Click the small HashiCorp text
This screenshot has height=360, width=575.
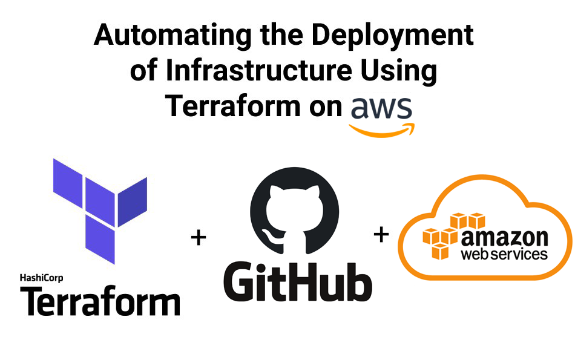pos(42,278)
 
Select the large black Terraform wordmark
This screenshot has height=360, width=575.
pos(100,301)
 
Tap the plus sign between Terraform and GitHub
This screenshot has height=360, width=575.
pos(199,238)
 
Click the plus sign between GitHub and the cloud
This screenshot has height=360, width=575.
pos(381,234)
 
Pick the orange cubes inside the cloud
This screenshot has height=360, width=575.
pos(448,236)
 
